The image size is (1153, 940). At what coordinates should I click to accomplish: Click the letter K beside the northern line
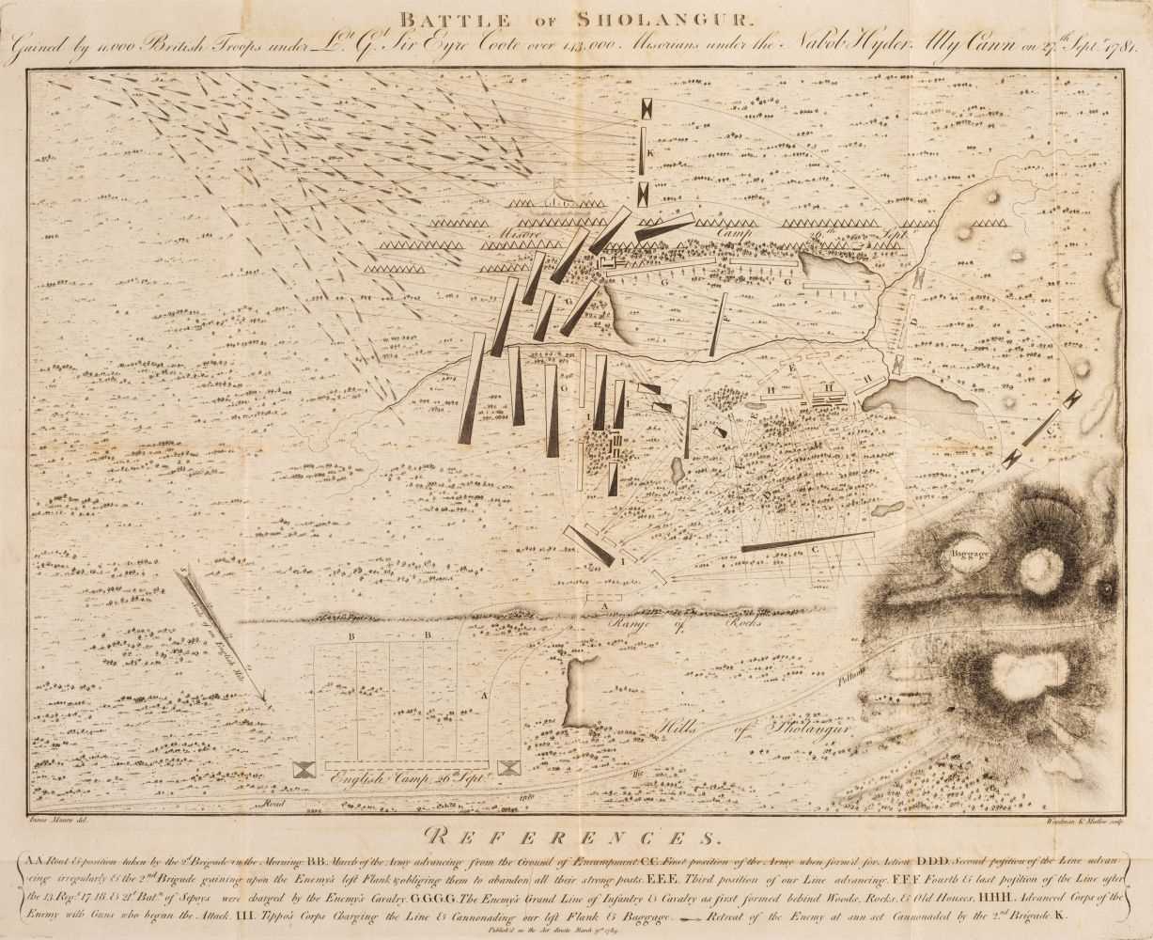[x=648, y=152]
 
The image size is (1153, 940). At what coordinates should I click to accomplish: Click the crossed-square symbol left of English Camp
[x=305, y=769]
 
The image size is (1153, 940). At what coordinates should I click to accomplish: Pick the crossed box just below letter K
[x=642, y=194]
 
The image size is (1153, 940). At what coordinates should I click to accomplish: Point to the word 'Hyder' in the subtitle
[x=851, y=49]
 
